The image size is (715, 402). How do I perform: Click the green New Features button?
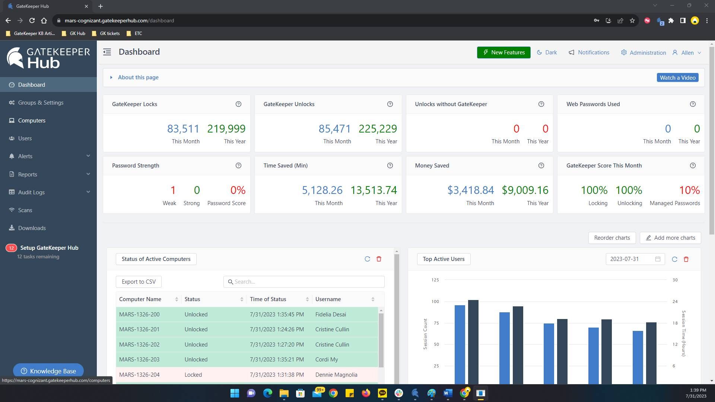503,52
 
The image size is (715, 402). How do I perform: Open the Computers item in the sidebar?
32,121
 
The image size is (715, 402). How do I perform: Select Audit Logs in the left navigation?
31,192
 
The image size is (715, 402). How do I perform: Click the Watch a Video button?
677,78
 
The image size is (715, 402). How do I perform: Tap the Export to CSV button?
139,282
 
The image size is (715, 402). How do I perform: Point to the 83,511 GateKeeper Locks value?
183,129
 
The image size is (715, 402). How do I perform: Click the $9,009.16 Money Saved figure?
525,190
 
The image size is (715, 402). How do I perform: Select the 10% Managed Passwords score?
689,190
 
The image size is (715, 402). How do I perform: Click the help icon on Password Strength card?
238,166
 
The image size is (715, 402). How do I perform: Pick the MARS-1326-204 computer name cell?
139,375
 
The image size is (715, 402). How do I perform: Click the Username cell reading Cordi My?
327,360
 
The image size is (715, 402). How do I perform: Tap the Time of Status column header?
268,299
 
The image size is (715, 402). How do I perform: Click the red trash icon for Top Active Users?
686,259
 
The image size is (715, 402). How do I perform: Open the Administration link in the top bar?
643,53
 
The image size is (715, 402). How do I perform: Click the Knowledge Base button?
48,371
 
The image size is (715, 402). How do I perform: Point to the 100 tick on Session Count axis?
435,301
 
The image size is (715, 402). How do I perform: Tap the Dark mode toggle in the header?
547,52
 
